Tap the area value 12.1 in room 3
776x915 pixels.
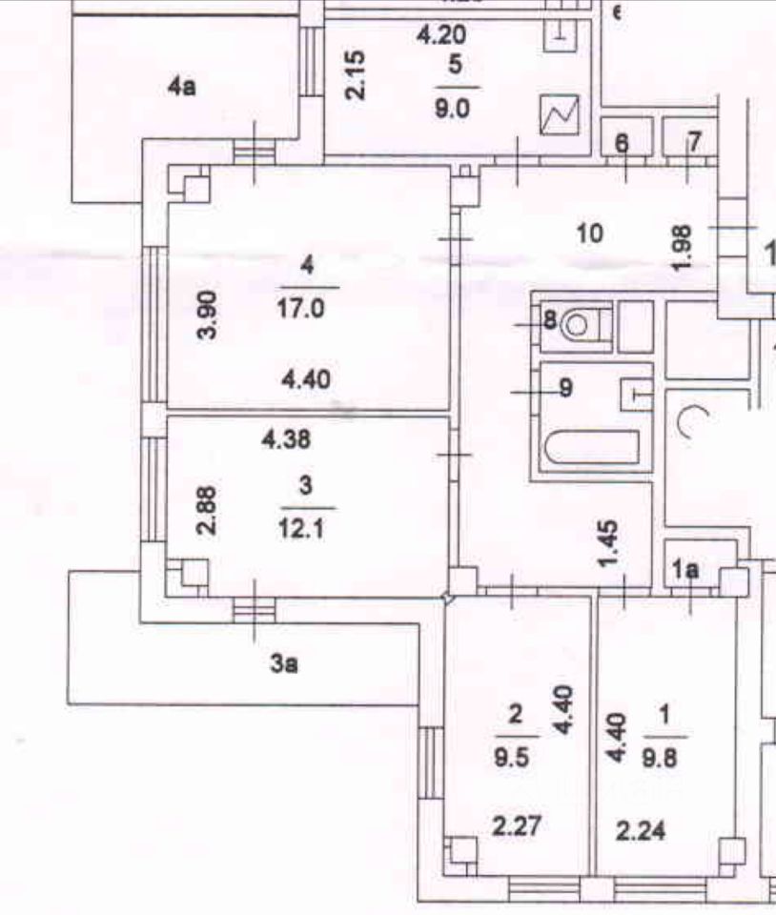(x=306, y=526)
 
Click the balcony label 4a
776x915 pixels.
(x=182, y=88)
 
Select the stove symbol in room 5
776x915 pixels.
(x=560, y=115)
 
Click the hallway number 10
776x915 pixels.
(x=590, y=232)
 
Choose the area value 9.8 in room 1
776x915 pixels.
(x=664, y=760)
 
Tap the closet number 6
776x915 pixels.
(x=622, y=143)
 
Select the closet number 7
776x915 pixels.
(x=694, y=143)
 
